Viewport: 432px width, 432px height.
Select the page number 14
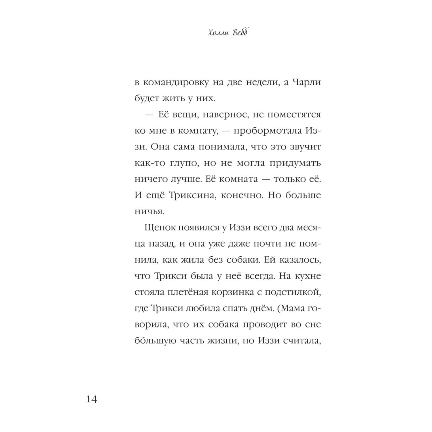(x=92, y=399)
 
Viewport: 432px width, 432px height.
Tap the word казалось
(x=298, y=260)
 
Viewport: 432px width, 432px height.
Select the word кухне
(x=308, y=276)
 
